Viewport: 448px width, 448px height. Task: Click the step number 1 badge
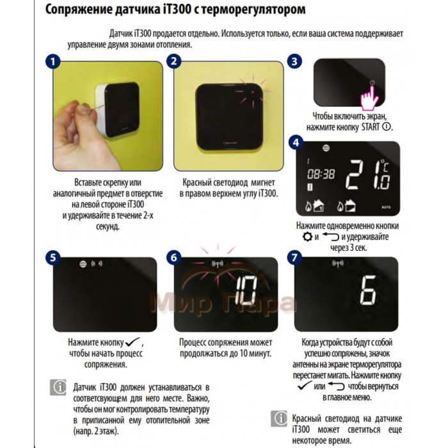(53, 61)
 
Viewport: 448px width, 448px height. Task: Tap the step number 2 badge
(173, 61)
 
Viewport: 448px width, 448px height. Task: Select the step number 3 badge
(294, 61)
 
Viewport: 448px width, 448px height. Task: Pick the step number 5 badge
(53, 257)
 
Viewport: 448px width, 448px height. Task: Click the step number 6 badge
(173, 257)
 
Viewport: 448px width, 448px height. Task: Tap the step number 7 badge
(294, 257)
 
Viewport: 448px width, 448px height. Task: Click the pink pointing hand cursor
(370, 99)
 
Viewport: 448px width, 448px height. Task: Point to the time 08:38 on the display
(321, 174)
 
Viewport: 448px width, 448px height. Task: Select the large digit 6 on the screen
(368, 291)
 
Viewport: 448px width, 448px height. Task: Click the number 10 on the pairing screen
(246, 292)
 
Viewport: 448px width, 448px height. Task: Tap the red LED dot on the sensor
(253, 92)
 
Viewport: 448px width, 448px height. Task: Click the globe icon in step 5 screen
(83, 264)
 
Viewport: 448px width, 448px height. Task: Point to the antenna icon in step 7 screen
(338, 264)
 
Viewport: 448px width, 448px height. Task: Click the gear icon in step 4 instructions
(307, 237)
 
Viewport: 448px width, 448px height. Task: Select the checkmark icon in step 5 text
(132, 341)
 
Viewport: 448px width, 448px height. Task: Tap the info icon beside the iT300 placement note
(58, 387)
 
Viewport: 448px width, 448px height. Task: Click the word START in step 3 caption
(371, 127)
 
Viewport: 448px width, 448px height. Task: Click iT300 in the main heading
(177, 9)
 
